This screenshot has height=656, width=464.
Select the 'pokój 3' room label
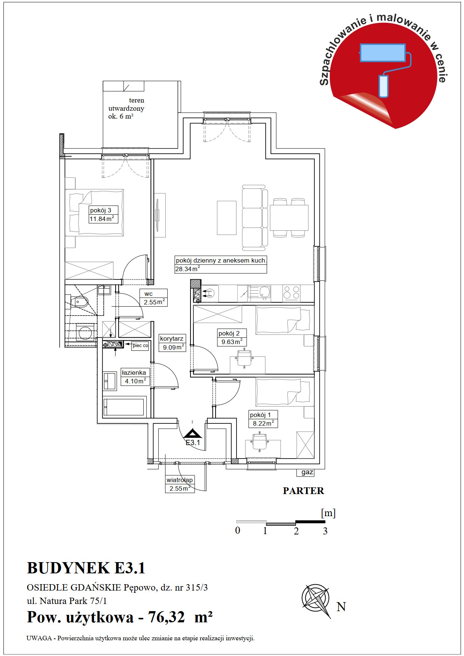click(x=101, y=210)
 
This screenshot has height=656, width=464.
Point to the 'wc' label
click(x=149, y=294)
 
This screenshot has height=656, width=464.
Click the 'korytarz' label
click(x=172, y=338)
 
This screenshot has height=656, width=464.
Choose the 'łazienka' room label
click(x=134, y=373)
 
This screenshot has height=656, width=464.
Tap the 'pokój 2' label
click(x=229, y=333)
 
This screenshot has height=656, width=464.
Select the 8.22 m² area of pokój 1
click(x=263, y=423)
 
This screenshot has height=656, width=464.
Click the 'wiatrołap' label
click(x=180, y=480)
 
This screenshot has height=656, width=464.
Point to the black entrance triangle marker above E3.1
click(x=193, y=433)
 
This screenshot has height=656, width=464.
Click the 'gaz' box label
click(x=307, y=472)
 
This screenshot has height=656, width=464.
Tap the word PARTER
click(x=303, y=491)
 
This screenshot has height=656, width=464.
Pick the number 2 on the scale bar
click(x=296, y=531)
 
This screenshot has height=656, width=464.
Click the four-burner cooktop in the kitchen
click(x=291, y=293)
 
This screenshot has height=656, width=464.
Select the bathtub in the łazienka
click(x=123, y=407)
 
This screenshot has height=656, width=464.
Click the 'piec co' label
click(x=140, y=346)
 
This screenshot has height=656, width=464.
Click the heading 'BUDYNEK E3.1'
click(x=86, y=568)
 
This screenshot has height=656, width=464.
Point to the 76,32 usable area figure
click(x=167, y=617)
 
